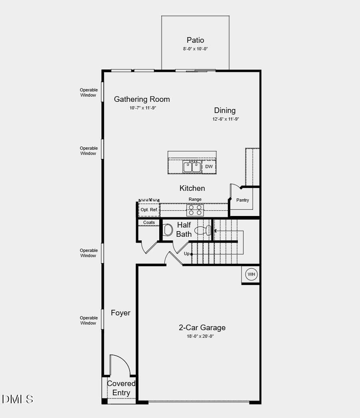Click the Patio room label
tap(195, 40)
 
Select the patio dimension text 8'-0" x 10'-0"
tap(195, 49)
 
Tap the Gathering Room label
tap(142, 99)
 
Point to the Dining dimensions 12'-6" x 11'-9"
tap(225, 119)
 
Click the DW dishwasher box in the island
tap(209, 166)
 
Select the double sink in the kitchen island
tap(192, 166)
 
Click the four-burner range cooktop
tap(195, 210)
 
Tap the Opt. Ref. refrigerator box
tap(149, 210)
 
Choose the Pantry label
tap(243, 200)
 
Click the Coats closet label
tap(149, 222)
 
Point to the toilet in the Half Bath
tap(168, 230)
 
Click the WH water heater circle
tap(251, 274)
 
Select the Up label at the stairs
tap(186, 254)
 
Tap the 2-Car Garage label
tap(202, 327)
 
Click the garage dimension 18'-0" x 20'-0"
tap(202, 336)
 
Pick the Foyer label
tap(121, 313)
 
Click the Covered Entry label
tap(121, 388)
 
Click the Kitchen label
tap(192, 188)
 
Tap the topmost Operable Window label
tap(88, 93)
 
